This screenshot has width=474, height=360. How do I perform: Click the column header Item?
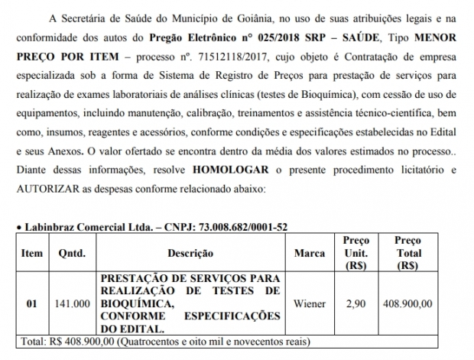(32, 253)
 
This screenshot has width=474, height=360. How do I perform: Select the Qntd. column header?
(71, 253)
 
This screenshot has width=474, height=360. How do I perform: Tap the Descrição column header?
(187, 253)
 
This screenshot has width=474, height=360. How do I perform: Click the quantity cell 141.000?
(71, 303)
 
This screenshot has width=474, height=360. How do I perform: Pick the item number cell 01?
(32, 303)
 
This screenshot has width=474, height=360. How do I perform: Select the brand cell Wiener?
(310, 303)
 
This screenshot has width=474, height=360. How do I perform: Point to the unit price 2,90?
(355, 303)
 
